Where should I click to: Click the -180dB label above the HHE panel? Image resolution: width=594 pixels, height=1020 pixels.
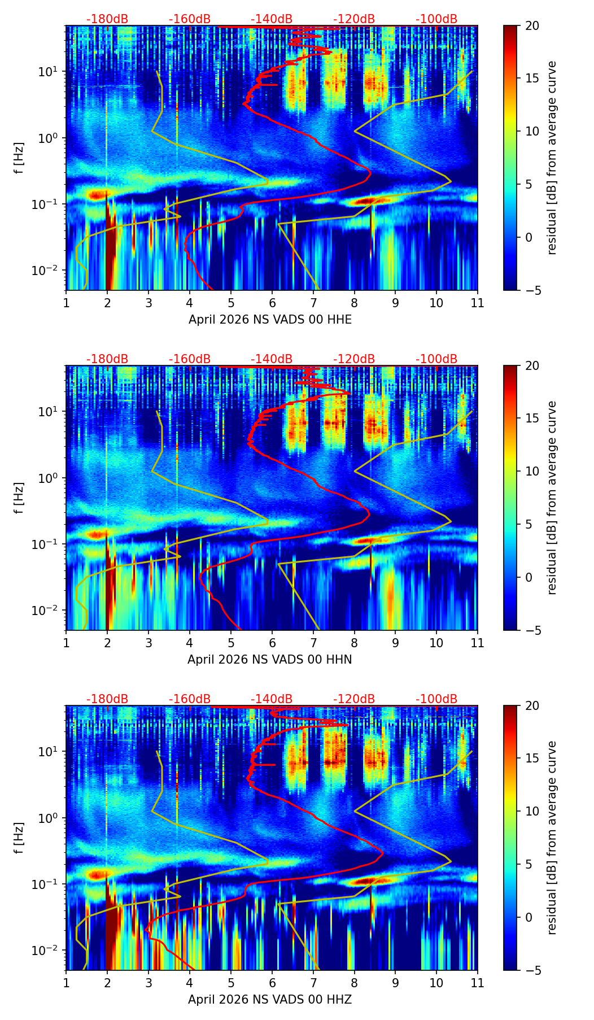[107, 19]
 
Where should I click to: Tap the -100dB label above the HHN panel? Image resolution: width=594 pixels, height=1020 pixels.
[436, 359]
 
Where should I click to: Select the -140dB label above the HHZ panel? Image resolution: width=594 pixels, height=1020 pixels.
[272, 699]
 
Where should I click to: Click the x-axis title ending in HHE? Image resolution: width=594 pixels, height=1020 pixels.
[270, 320]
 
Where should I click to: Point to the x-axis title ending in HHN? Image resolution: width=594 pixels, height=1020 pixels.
[270, 660]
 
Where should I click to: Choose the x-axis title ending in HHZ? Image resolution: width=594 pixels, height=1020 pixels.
[270, 1000]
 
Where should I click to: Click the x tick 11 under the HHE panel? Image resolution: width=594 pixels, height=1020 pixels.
[478, 303]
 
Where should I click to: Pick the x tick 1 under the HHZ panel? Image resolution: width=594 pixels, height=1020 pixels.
[67, 983]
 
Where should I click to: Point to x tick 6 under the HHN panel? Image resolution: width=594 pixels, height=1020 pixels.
[272, 643]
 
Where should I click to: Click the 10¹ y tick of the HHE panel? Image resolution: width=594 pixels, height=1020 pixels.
[47, 72]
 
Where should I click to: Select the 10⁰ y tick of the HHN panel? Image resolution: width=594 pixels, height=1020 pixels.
[47, 478]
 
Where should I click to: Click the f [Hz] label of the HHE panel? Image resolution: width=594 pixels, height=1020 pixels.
[19, 158]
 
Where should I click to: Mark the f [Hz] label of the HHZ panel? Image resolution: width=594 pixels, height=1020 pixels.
[19, 838]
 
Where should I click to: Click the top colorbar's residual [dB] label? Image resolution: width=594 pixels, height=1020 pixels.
[552, 158]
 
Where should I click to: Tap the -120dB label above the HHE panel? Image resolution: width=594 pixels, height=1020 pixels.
[354, 19]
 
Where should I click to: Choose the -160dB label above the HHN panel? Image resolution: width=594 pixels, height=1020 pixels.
[190, 359]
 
